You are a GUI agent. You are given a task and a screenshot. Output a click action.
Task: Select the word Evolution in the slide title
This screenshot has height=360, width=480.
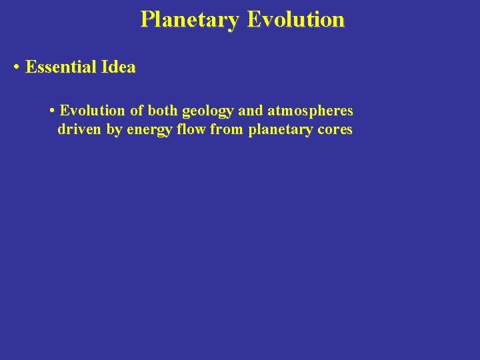click(x=296, y=19)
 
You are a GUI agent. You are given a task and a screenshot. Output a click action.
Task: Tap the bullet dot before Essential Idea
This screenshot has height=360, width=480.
click(x=17, y=67)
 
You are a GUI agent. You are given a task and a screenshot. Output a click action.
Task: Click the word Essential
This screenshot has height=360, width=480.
click(x=62, y=67)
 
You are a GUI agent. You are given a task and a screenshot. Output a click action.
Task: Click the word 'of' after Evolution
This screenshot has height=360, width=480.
click(x=136, y=110)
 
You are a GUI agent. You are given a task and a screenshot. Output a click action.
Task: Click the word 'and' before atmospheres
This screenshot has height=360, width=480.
click(x=251, y=110)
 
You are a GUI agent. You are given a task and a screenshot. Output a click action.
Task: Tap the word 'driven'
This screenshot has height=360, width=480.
click(x=79, y=129)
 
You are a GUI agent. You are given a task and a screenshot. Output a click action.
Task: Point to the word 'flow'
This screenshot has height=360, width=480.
click(x=193, y=129)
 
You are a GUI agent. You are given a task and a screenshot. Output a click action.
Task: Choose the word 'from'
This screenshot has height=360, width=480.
click(x=226, y=129)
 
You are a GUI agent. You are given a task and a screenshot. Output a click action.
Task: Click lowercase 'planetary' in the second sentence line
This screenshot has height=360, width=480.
click(x=279, y=130)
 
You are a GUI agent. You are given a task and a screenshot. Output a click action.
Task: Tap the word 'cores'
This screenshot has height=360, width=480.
click(x=334, y=129)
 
